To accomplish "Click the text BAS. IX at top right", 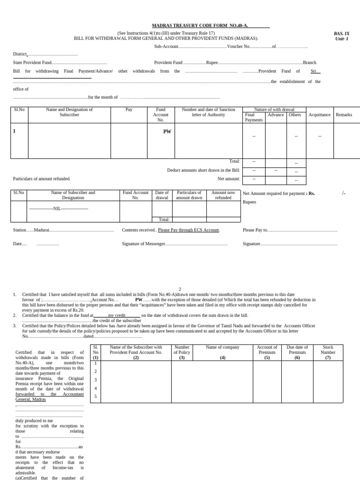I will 341,33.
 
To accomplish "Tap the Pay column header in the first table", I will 129,109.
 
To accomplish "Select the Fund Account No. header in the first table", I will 161,114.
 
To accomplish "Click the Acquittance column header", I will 319,115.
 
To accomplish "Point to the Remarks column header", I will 344,115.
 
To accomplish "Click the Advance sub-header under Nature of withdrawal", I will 276,115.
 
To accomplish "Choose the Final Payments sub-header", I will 254,117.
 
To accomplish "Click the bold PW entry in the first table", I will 167,132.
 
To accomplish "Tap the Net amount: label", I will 229,179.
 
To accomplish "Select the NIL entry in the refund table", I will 59,208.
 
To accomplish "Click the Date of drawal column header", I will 162,195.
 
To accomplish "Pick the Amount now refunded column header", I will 223,195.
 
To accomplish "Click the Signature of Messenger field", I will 143,244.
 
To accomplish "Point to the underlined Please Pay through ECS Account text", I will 188,230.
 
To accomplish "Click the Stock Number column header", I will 328,350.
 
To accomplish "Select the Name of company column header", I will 223,347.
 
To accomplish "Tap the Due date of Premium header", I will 297,350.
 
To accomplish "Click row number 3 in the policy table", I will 96,380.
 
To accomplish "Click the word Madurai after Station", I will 41,230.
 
